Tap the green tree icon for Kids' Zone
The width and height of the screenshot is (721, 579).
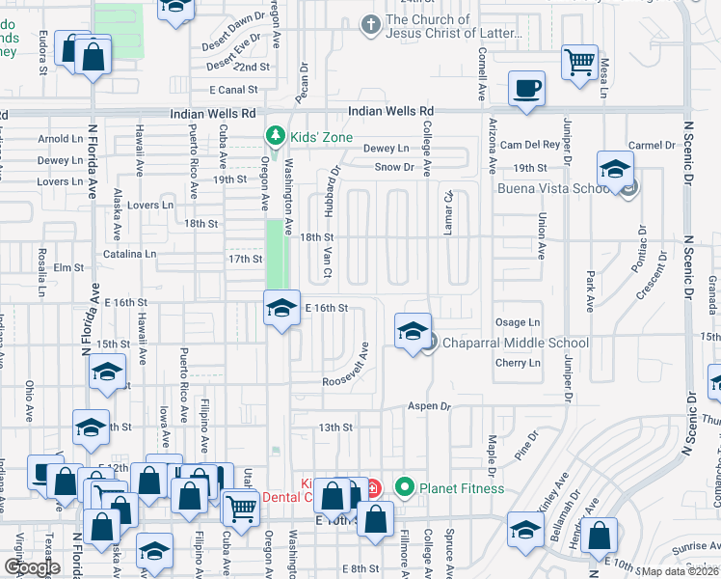(x=277, y=135)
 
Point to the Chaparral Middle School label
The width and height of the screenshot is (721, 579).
(x=515, y=343)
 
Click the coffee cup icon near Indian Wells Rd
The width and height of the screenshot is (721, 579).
(x=526, y=89)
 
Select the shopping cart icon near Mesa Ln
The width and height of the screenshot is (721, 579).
(x=580, y=62)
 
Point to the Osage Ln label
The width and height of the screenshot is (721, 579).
(x=518, y=322)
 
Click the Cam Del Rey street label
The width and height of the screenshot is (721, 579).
(x=529, y=145)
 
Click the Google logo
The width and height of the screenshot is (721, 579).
(x=32, y=566)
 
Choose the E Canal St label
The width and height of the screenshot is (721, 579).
(x=234, y=90)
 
